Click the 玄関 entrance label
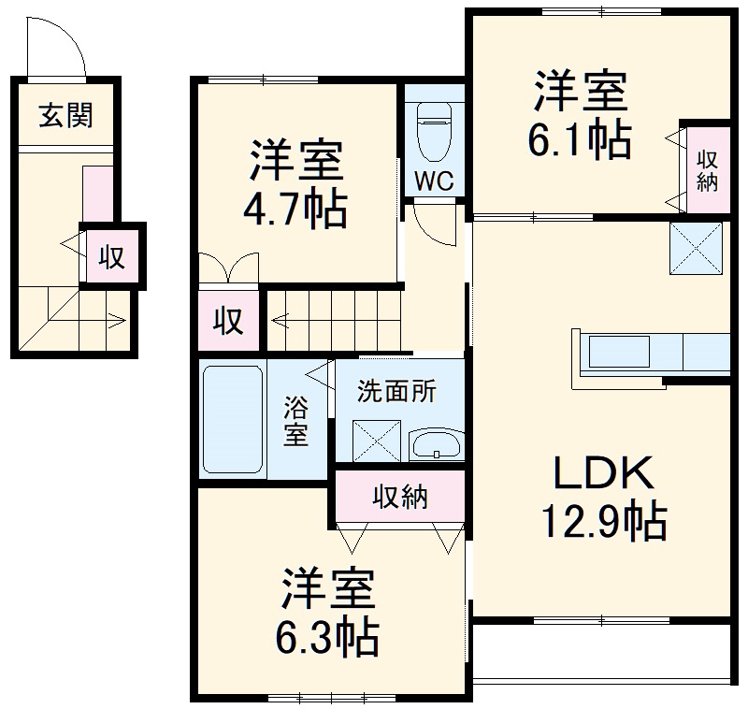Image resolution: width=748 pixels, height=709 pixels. [x=65, y=117]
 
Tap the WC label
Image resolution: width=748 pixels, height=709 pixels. [x=434, y=181]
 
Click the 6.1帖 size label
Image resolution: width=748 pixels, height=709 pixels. [x=580, y=139]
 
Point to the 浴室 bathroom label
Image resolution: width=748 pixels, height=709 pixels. [x=296, y=421]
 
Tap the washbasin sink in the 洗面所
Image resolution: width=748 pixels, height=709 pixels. [x=436, y=443]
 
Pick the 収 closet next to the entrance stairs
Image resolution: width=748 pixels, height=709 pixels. [x=112, y=257]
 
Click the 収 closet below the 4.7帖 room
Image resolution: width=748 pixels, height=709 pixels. [x=226, y=321]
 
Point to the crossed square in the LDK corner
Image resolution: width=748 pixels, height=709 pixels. [x=697, y=249]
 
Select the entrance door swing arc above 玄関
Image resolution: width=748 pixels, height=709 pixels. [x=51, y=47]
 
